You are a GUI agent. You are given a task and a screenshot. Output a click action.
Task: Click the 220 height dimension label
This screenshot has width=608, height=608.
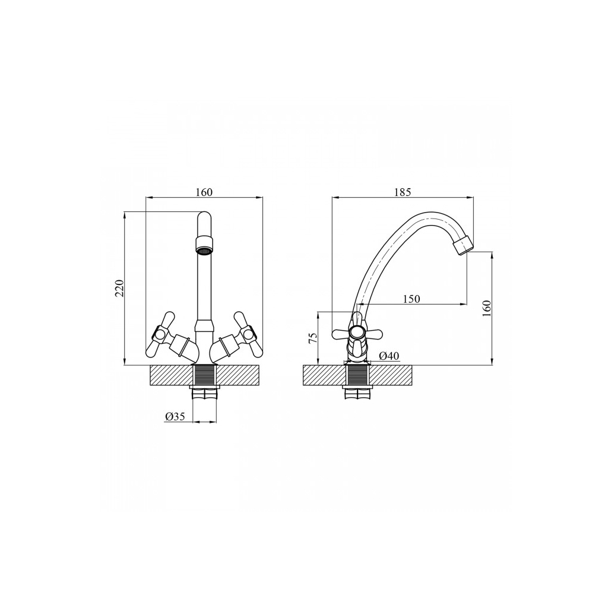[x=120, y=288]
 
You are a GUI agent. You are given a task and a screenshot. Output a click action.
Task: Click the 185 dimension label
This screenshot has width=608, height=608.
[x=403, y=192]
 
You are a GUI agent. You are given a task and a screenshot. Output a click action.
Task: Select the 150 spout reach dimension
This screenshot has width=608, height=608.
[x=411, y=299]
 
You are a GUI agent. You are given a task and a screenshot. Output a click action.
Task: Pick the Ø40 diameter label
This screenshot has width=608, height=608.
[x=389, y=356]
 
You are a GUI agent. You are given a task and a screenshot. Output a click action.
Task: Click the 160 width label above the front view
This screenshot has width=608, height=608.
[x=204, y=192]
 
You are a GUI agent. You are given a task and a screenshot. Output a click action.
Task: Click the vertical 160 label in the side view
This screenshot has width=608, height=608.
[x=487, y=308]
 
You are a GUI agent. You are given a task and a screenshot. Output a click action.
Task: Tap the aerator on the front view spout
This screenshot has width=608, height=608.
[x=204, y=245]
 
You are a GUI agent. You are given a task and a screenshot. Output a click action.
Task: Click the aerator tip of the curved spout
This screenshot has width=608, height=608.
[x=464, y=245]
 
